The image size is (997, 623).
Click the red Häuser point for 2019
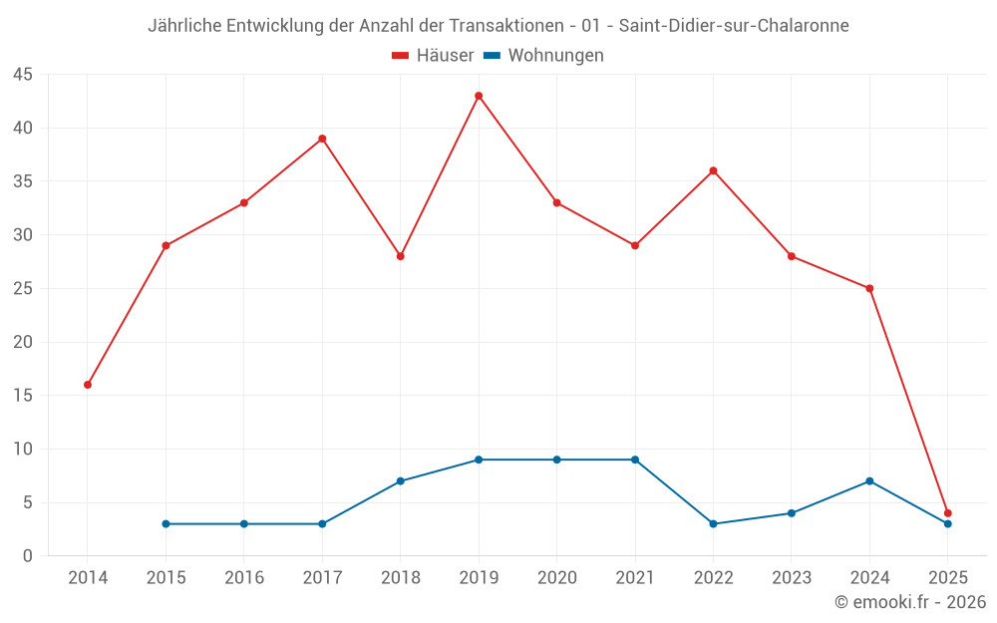[x=479, y=96]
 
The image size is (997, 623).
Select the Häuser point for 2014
[x=88, y=385]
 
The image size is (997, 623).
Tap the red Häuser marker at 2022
[x=713, y=170]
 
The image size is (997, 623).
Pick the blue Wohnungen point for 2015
[x=166, y=523]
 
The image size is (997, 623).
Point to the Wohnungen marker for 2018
[x=401, y=481]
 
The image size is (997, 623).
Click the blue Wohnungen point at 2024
[x=869, y=481]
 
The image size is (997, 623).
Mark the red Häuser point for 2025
[x=948, y=513]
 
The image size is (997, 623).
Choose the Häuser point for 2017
[x=322, y=139]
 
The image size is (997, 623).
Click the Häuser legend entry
[x=433, y=56]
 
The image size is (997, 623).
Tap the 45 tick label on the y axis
[x=23, y=75]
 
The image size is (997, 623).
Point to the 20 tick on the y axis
[x=23, y=342]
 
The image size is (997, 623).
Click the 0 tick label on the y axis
[x=28, y=556]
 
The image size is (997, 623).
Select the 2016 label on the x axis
[x=244, y=578]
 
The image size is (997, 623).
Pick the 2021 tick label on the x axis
[x=635, y=578]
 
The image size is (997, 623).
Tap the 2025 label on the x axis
[x=948, y=578]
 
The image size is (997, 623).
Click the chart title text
[x=498, y=26]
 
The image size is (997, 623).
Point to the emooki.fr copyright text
[x=910, y=602]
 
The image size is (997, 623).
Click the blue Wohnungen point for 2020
[x=556, y=460]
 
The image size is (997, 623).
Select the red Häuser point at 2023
[x=792, y=256]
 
